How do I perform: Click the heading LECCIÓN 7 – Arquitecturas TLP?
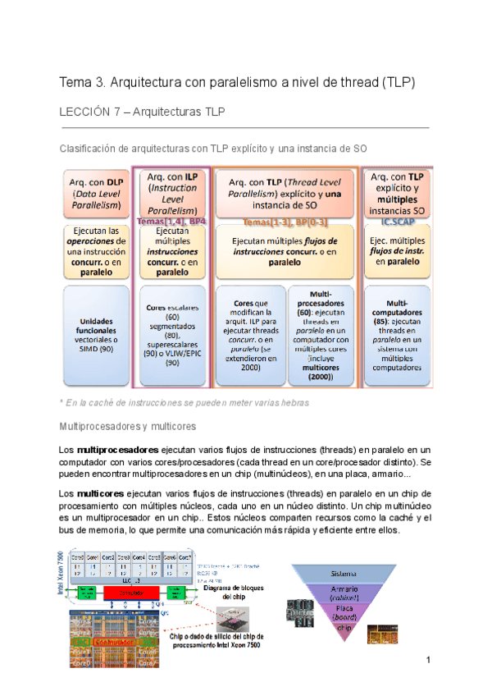(x=145, y=111)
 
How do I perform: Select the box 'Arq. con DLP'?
(x=94, y=193)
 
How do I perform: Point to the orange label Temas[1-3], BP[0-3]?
(x=285, y=222)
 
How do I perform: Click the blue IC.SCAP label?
(x=398, y=222)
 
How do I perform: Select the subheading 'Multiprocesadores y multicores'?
(x=127, y=427)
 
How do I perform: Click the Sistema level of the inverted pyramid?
(x=343, y=573)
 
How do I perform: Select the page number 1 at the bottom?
(x=427, y=661)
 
